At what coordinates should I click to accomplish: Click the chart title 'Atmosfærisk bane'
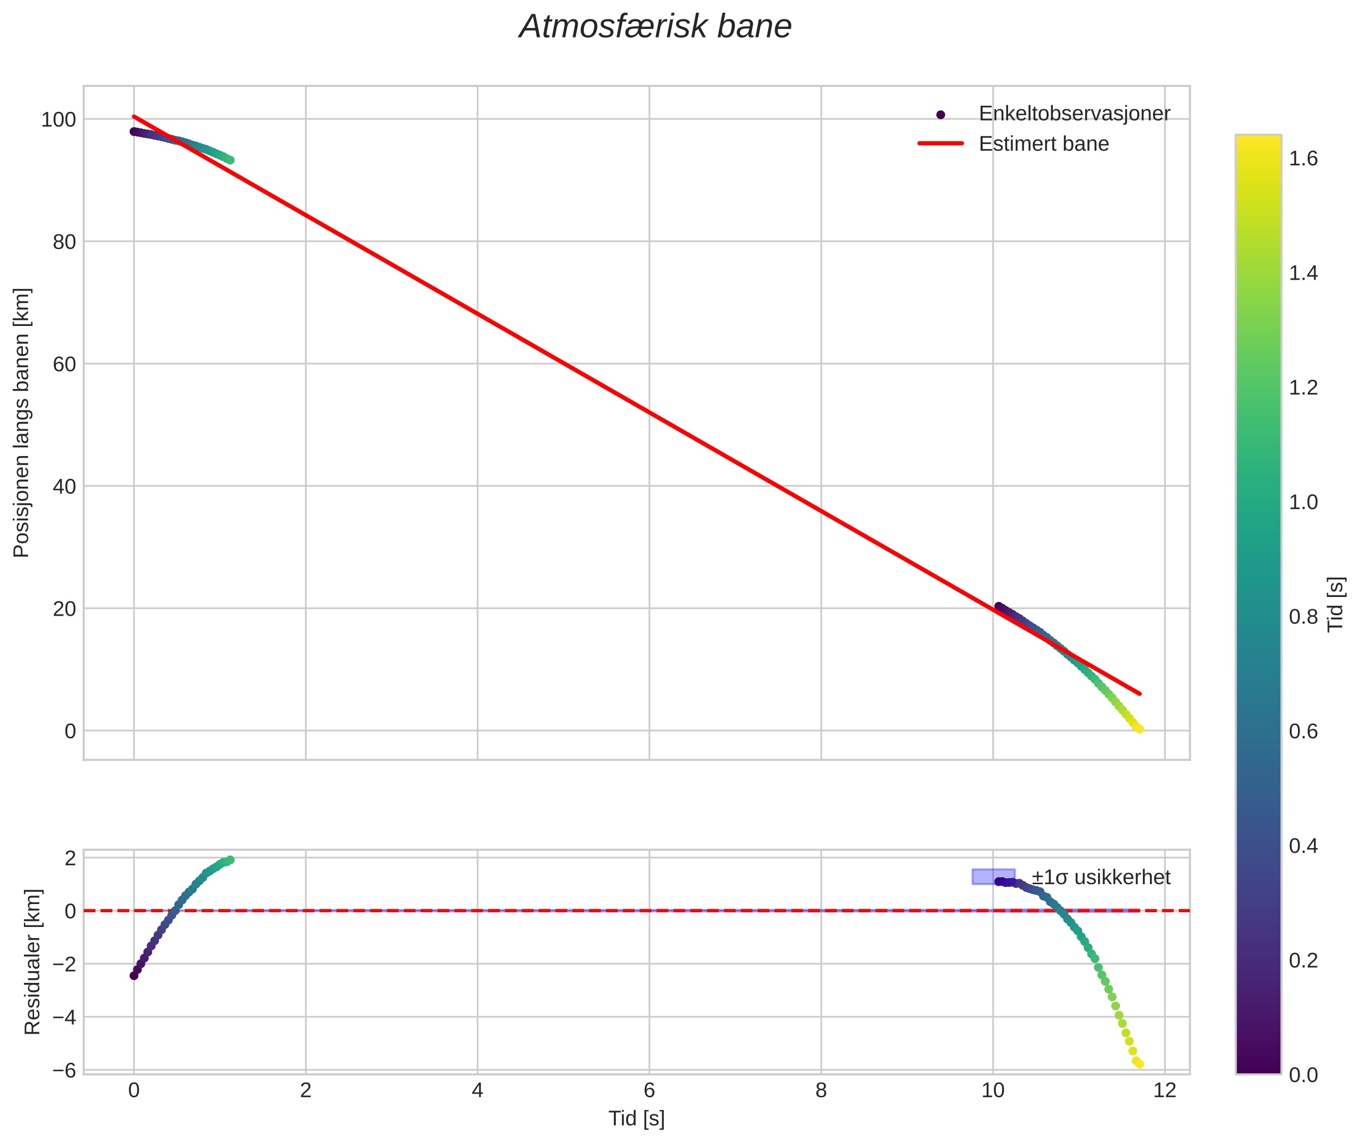(x=655, y=27)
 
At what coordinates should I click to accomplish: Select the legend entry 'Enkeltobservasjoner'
(x=1074, y=114)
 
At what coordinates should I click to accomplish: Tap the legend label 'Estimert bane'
(x=1043, y=144)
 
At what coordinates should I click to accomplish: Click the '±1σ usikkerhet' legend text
(x=1100, y=877)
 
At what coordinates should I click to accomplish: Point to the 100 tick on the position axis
(x=58, y=120)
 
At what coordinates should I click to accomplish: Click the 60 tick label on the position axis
(x=64, y=365)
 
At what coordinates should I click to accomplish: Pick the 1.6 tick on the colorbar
(x=1303, y=159)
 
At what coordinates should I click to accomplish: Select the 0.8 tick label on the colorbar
(x=1303, y=617)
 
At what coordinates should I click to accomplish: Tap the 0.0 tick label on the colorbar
(x=1303, y=1075)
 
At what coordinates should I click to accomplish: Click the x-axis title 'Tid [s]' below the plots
(x=636, y=1119)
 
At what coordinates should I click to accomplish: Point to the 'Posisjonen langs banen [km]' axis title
(x=21, y=423)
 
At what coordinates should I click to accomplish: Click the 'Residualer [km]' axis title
(x=33, y=961)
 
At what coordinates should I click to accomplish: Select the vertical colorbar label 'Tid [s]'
(x=1336, y=604)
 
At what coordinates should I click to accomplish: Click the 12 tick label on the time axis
(x=1164, y=1091)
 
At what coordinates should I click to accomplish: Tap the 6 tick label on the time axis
(x=649, y=1091)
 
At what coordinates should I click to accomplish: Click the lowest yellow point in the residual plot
(x=1139, y=1064)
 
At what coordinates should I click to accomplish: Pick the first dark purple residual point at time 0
(x=134, y=976)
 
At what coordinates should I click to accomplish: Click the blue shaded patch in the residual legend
(x=993, y=877)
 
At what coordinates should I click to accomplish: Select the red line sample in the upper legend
(x=941, y=144)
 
